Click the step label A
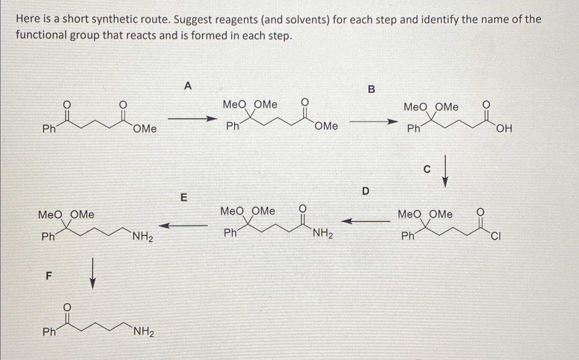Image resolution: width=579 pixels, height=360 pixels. [188, 86]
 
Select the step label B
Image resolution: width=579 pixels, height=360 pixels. [372, 89]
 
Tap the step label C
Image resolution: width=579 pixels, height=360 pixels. [427, 169]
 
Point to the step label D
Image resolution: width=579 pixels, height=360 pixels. [366, 191]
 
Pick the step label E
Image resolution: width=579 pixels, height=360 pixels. [184, 197]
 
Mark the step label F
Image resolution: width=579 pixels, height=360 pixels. [49, 276]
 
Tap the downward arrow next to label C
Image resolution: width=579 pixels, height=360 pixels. [445, 171]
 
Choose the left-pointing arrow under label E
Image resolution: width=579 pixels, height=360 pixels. [183, 225]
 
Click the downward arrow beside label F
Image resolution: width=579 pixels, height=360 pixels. [92, 274]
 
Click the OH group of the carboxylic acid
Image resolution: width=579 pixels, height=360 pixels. [504, 129]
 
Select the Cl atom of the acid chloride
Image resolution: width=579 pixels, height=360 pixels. [495, 236]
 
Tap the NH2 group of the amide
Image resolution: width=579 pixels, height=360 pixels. [323, 234]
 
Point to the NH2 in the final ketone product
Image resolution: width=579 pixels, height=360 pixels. [143, 332]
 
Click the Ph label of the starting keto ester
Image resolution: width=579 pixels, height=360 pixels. [49, 129]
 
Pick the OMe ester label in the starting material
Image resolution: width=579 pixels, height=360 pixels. [145, 129]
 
